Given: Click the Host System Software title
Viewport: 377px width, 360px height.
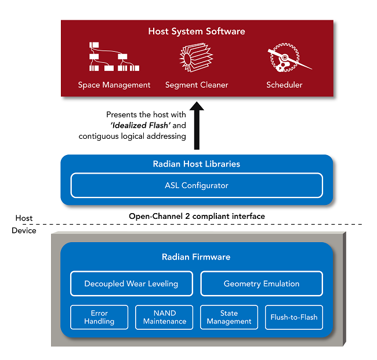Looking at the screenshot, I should pos(197,31).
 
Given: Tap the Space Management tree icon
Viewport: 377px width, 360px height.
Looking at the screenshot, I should pos(109,57).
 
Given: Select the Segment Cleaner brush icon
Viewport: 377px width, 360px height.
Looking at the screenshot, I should pos(196,57).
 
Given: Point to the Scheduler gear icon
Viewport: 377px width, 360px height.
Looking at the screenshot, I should pos(285,58).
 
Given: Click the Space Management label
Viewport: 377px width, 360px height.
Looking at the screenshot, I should pos(114,85).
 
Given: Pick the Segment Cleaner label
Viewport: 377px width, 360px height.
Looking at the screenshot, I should pos(197,85).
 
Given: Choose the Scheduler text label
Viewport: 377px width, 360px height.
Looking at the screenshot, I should pos(284,85).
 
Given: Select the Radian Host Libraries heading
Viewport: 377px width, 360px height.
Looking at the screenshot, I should pos(197,164).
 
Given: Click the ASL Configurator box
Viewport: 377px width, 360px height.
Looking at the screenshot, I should pos(197,186).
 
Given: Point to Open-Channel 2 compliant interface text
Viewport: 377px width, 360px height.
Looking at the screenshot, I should pos(197,216).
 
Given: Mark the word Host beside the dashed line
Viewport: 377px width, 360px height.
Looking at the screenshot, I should pos(24,218).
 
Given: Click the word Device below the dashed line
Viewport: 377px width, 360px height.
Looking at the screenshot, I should pos(23,231).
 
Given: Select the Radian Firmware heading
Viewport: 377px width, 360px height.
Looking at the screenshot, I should pos(196,257).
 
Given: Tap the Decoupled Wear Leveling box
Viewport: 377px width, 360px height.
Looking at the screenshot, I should pos(131,284).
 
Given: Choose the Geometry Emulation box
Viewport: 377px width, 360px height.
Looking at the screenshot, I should pos(262,284).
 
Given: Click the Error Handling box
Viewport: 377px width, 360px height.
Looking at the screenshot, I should pos(99,317).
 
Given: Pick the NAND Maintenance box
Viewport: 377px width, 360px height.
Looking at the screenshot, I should pos(164,317).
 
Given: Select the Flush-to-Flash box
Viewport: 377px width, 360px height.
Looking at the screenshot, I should pos(293,317).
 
